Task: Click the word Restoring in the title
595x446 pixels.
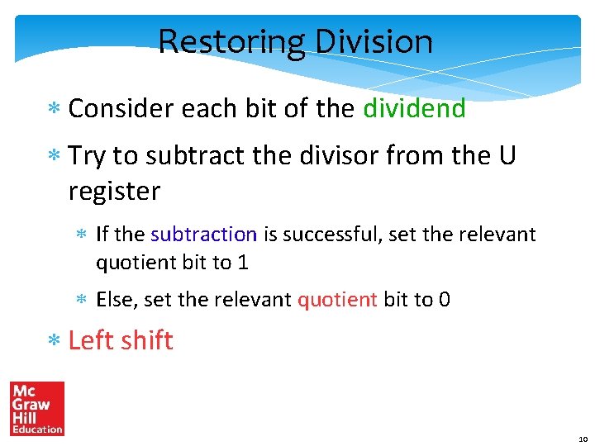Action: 221,41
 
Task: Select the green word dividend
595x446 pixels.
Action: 414,108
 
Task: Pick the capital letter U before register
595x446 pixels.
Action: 506,155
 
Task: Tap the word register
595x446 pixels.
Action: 114,191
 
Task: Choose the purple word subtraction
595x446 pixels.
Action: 204,235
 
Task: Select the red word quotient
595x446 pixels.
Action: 337,299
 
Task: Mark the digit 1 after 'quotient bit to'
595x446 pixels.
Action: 243,263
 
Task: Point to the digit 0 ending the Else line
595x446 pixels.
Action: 445,299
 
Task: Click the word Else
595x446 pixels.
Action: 116,299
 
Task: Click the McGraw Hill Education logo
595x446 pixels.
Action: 36,408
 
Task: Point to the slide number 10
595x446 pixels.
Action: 583,439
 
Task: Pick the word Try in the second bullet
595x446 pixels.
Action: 87,155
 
